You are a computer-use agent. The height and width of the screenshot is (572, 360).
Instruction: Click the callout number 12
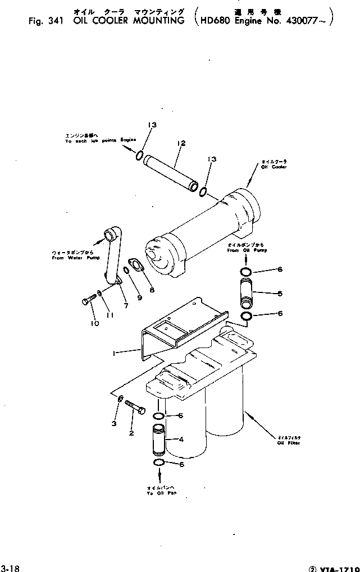pyautogui.click(x=180, y=144)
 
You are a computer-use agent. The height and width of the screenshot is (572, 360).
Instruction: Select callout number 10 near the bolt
pyautogui.click(x=93, y=323)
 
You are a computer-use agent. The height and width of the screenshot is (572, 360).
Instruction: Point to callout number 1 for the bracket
pyautogui.click(x=115, y=353)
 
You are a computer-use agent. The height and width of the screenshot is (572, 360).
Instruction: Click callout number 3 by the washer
pyautogui.click(x=113, y=423)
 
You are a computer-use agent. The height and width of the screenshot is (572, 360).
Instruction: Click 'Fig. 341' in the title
pyautogui.click(x=47, y=21)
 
